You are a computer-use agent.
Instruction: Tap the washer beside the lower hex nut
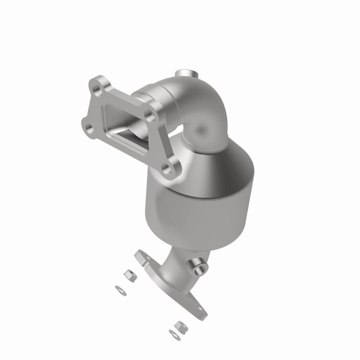click(x=172, y=334)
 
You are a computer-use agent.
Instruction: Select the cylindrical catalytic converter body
click(x=198, y=207)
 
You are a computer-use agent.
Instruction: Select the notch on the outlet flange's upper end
click(x=137, y=255)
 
